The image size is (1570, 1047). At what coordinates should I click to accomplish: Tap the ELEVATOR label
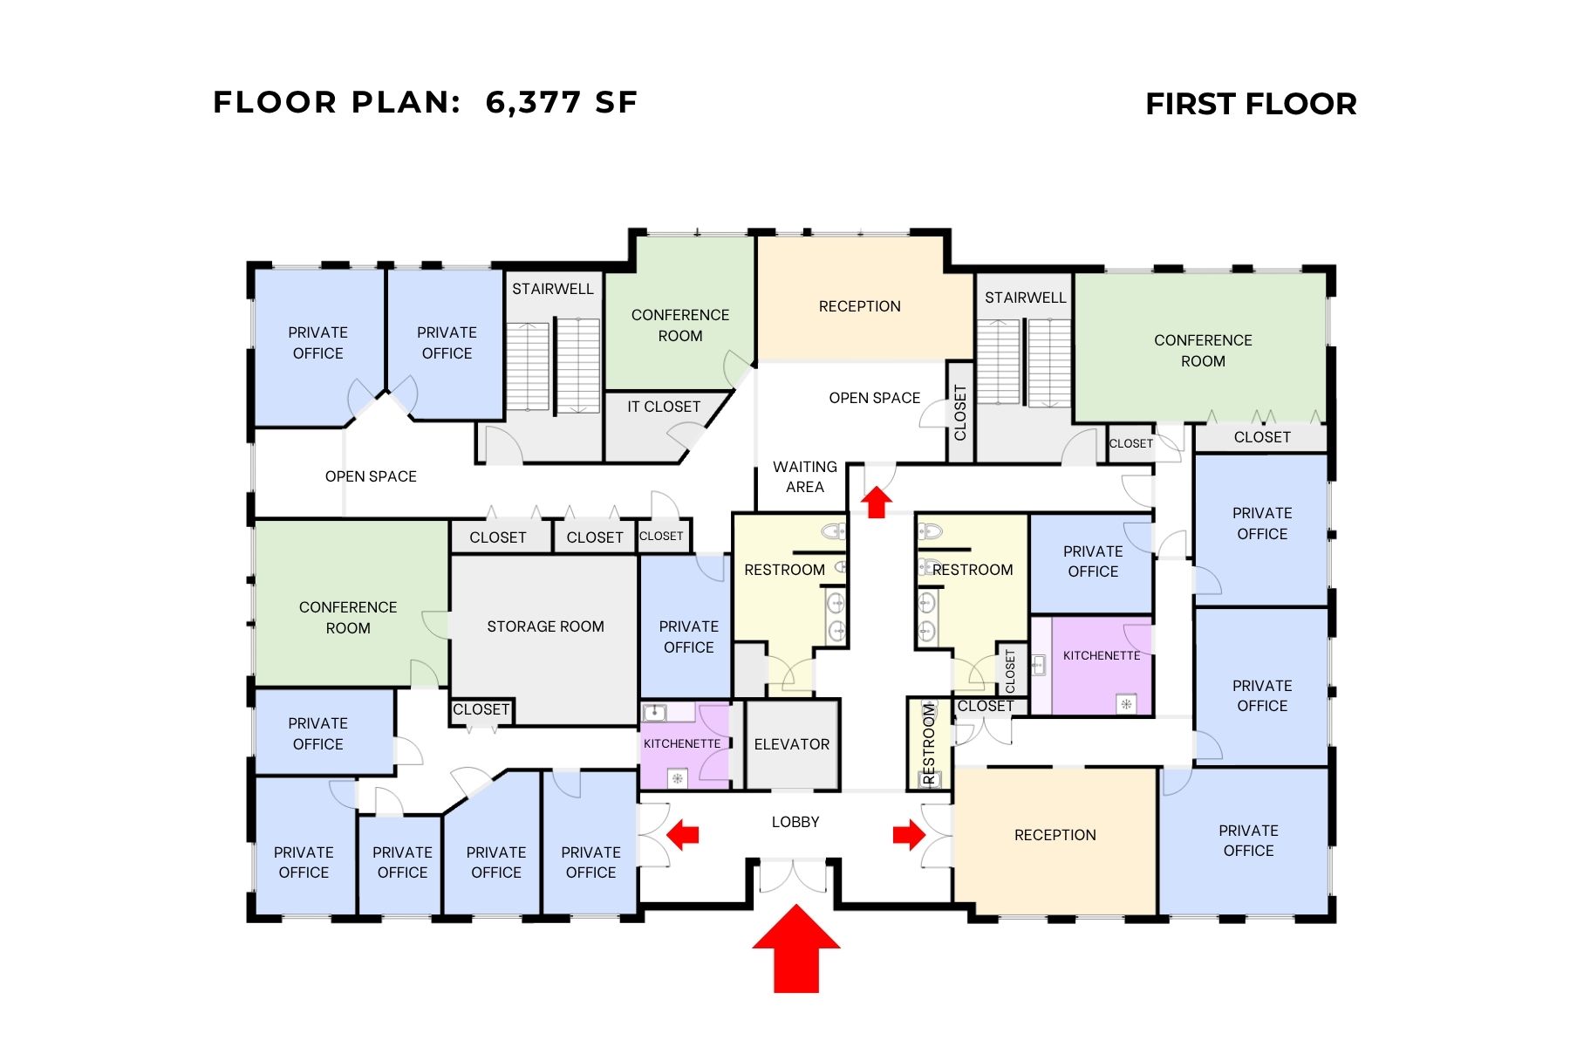click(792, 744)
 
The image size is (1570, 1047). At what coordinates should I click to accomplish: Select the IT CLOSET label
click(664, 407)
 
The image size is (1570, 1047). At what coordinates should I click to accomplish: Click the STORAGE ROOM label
click(545, 626)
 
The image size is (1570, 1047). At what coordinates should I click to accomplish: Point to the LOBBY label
click(795, 822)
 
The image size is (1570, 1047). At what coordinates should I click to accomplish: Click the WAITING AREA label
click(804, 477)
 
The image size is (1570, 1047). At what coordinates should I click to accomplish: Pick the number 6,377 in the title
click(533, 103)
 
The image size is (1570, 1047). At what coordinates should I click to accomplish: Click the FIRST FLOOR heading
click(1251, 105)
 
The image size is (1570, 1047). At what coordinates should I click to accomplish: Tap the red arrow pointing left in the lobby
click(683, 834)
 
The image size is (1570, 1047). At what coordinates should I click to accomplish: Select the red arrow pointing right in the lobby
click(908, 834)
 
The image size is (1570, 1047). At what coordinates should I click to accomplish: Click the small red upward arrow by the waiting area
click(877, 503)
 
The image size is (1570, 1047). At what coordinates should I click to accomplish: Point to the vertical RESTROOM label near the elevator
click(929, 744)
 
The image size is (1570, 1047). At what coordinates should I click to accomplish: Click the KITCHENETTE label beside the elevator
click(682, 743)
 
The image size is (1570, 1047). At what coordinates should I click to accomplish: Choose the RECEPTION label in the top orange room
click(859, 306)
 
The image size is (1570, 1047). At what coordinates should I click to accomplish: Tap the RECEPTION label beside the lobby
click(1055, 835)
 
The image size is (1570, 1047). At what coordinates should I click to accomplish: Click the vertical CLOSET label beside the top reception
click(960, 413)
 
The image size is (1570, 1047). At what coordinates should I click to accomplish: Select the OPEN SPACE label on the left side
click(371, 476)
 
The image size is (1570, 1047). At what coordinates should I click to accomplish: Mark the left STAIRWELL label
click(552, 289)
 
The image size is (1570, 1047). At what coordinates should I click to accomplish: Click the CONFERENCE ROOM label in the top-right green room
click(1203, 351)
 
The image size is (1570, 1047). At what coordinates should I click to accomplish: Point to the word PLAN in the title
click(406, 103)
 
